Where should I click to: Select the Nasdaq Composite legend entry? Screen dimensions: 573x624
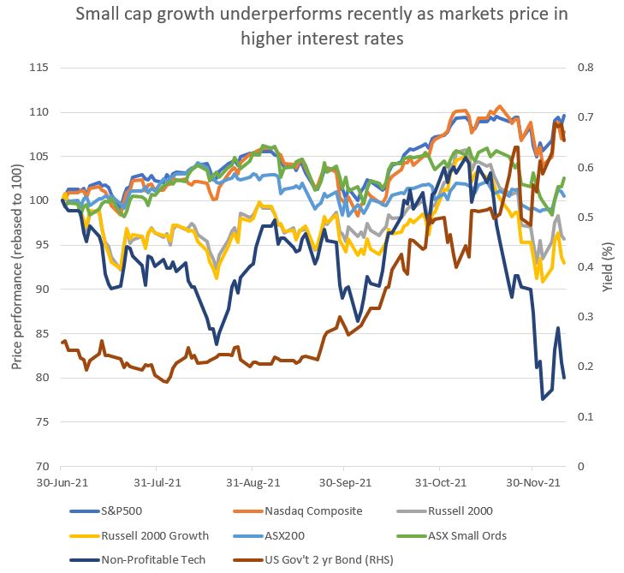click(x=312, y=511)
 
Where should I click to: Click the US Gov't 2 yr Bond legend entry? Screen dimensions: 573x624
click(x=340, y=560)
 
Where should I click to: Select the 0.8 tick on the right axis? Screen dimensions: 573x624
click(x=589, y=68)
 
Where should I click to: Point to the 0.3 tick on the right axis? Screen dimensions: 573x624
click(x=589, y=317)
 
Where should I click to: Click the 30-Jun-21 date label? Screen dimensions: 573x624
click(x=61, y=484)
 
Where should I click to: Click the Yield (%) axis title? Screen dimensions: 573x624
click(x=608, y=267)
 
